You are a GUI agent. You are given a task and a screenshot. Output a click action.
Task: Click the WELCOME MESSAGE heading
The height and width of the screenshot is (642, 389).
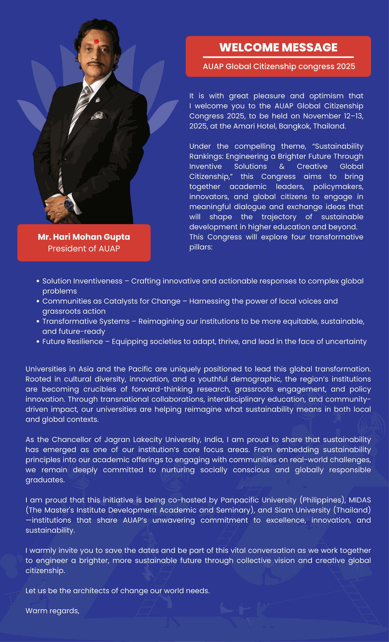coord(278,47)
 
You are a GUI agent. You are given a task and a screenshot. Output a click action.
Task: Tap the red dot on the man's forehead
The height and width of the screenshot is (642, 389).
coord(96,41)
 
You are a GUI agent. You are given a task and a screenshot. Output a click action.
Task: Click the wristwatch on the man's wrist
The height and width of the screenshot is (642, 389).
coord(69,204)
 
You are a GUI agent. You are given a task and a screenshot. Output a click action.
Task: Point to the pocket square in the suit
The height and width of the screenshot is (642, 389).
coord(99,115)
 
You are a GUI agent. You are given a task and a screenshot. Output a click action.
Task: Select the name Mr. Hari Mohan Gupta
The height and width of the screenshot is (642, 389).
coord(84,237)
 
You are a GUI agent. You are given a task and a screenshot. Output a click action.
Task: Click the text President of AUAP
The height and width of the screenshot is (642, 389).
coord(84,248)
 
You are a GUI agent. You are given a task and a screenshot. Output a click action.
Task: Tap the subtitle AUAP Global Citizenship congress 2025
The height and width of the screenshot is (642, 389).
coord(279,66)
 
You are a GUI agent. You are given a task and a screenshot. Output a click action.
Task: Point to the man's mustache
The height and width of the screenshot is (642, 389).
coord(95,63)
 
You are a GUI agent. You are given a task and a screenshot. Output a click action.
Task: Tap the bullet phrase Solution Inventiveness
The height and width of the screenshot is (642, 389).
coord(82,281)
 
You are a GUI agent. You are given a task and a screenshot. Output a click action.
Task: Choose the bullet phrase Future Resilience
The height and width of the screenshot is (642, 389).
coord(72,341)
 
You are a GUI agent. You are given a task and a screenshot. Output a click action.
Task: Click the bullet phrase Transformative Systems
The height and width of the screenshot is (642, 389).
coord(86,321)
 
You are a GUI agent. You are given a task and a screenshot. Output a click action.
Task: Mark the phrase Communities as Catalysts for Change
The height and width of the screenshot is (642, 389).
coord(111,301)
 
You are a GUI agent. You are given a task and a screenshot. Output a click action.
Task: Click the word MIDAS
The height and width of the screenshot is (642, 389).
coord(360,500)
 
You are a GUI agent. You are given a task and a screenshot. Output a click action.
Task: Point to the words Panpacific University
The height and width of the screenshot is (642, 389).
coord(258,500)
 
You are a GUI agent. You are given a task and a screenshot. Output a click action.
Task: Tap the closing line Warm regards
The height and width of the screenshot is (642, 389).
coord(52,611)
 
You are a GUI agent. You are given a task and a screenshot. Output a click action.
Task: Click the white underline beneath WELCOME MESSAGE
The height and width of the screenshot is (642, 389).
coord(278,57)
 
